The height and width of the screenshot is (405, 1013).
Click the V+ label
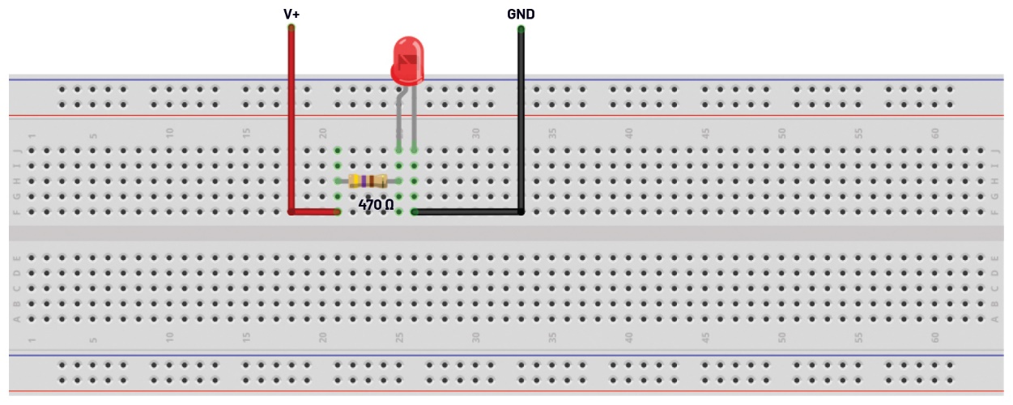(x=291, y=14)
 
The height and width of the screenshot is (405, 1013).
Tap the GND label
(x=521, y=14)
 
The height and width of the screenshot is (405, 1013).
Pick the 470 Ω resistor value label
(x=376, y=206)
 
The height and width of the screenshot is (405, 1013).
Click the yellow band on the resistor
(x=355, y=181)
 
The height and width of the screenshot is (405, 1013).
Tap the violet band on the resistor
(x=364, y=181)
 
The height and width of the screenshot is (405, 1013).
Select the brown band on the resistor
(x=371, y=181)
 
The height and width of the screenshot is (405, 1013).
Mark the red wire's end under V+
(x=291, y=28)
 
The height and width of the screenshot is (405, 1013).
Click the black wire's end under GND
(x=521, y=29)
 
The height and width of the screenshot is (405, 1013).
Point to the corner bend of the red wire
(x=292, y=211)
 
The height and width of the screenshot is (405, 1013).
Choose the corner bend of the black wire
(x=521, y=211)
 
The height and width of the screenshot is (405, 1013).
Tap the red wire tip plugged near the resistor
(x=337, y=211)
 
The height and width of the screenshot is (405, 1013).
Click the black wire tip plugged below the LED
(x=415, y=211)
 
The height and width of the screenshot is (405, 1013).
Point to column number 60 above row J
(x=935, y=132)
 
